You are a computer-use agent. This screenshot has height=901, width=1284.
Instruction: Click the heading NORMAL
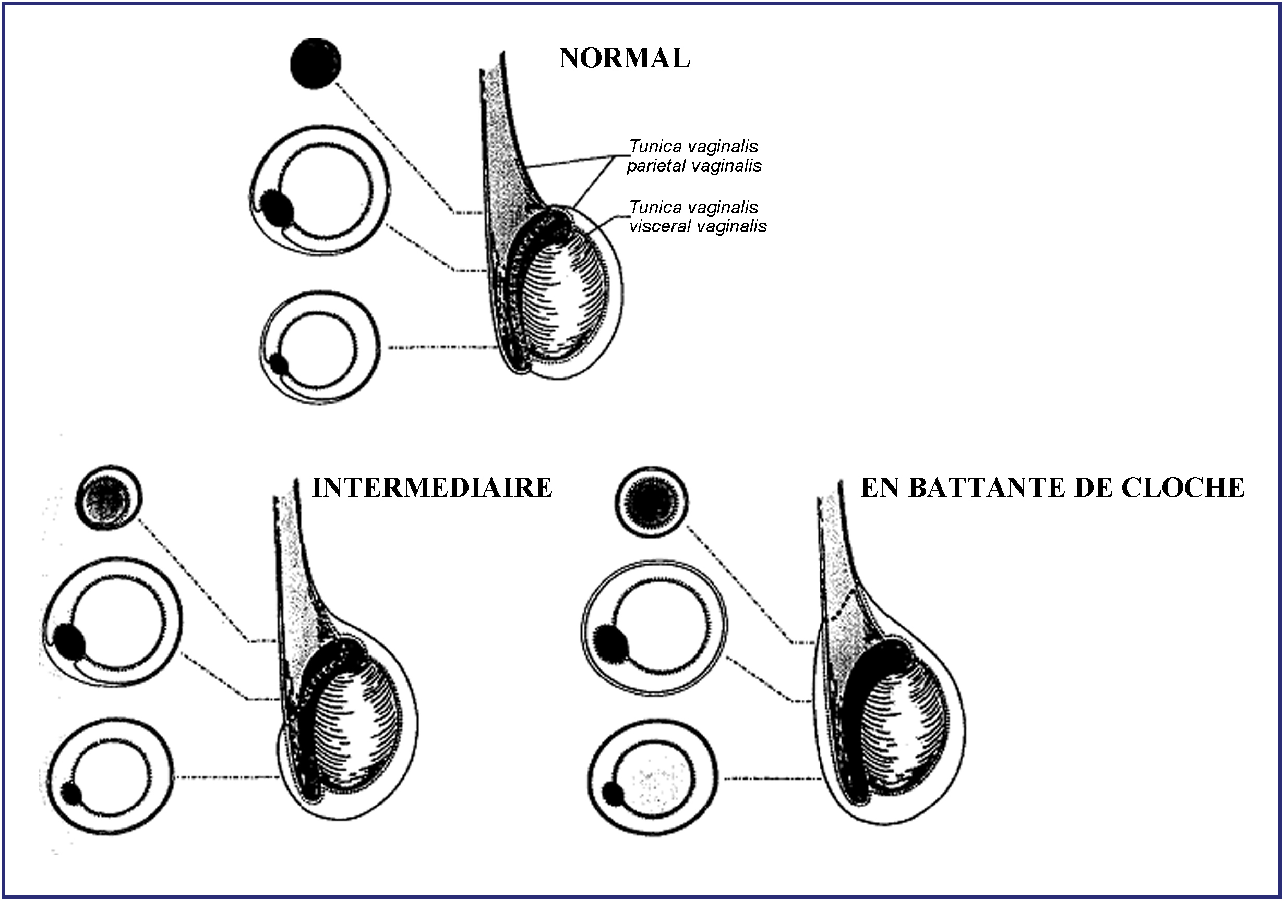tap(624, 58)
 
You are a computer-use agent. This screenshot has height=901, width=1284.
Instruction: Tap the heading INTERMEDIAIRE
tap(431, 488)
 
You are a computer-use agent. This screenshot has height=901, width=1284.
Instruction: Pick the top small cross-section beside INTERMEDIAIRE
tap(109, 497)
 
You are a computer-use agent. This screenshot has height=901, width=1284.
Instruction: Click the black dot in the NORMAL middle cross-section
tap(278, 208)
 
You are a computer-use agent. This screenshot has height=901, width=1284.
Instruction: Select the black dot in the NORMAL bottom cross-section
tap(279, 365)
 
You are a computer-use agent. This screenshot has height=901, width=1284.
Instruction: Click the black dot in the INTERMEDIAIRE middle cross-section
tap(70, 642)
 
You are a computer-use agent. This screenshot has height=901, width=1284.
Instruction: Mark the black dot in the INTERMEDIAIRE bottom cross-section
tap(71, 793)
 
